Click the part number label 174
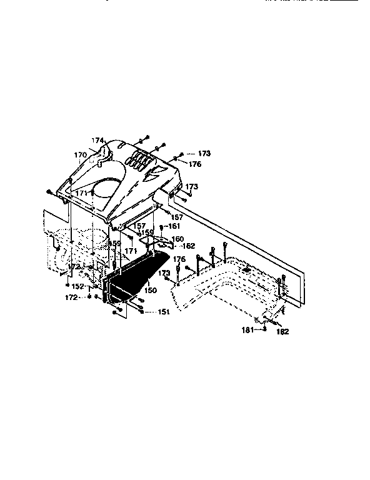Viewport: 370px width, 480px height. (x=96, y=141)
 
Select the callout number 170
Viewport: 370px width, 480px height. (x=81, y=154)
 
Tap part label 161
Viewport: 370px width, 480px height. (x=174, y=225)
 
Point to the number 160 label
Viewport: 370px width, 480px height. (x=177, y=239)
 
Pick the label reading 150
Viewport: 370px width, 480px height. (x=150, y=291)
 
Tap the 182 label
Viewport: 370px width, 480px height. (x=282, y=332)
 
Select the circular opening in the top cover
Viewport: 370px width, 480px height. (x=107, y=187)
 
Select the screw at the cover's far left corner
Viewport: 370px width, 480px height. (x=47, y=192)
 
